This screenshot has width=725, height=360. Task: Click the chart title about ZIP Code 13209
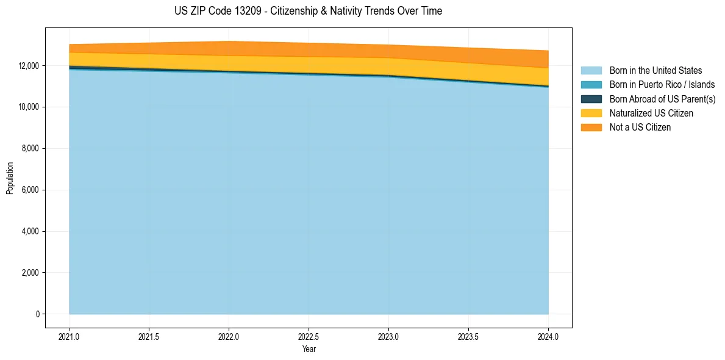point(308,11)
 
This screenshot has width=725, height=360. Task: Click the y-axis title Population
point(10,178)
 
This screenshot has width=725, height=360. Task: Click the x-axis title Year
point(309,350)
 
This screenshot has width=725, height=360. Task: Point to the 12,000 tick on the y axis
point(27,66)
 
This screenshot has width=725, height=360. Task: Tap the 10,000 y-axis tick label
point(27,107)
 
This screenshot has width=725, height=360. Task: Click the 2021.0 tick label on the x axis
point(70,336)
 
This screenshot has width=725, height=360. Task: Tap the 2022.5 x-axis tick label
point(309,336)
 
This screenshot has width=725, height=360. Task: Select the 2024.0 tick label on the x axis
point(548,336)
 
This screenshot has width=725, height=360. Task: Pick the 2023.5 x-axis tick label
point(468,336)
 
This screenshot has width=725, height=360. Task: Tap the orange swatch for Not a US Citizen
point(591,128)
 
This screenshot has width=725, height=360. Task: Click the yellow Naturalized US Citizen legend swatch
point(591,113)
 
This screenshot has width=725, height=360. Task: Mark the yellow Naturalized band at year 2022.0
point(229,63)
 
